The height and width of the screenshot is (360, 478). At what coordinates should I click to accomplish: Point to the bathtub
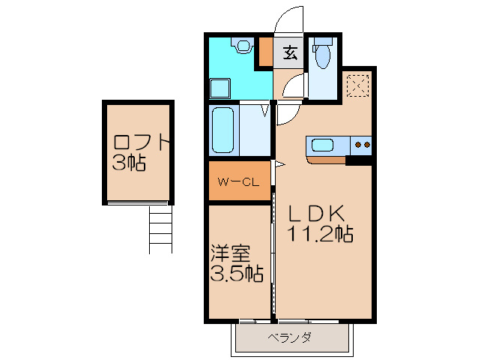[x=224, y=130]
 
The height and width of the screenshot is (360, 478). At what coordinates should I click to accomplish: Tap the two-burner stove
[x=363, y=145]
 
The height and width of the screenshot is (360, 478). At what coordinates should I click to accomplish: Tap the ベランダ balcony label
[x=289, y=337]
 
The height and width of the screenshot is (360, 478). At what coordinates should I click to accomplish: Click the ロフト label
[x=142, y=141]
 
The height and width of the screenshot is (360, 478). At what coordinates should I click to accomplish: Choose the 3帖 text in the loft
[x=129, y=163]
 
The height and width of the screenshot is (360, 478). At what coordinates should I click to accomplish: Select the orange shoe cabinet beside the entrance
[x=265, y=51]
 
